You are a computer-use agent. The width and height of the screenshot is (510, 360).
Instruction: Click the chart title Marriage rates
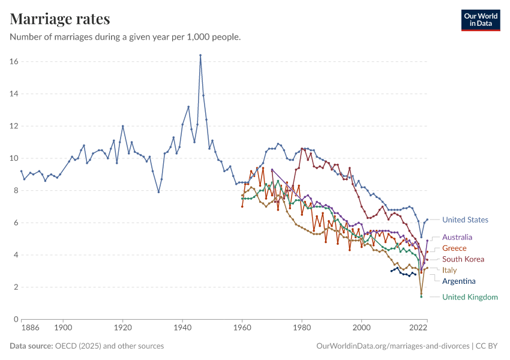60,19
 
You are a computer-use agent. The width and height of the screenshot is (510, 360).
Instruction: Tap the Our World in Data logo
480,20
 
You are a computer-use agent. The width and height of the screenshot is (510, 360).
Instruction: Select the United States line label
465,220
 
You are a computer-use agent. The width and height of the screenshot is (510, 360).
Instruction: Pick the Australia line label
457,237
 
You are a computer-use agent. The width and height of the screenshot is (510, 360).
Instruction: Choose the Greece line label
454,248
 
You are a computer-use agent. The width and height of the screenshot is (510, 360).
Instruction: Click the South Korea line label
463,259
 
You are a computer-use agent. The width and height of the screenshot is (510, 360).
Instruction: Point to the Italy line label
449,270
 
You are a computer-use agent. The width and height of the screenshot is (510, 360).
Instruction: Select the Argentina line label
458,281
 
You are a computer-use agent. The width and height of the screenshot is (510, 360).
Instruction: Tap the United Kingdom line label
470,297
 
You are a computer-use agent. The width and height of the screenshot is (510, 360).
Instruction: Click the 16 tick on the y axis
14,62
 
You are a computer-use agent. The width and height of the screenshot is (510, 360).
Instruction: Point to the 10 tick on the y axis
14,158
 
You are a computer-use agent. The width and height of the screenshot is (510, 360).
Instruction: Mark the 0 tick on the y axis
16,319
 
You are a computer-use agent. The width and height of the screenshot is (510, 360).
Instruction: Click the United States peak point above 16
200,55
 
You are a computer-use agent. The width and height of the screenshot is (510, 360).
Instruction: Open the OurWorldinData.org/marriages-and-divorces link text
392,346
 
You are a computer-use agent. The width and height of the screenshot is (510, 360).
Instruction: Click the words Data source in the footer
31,346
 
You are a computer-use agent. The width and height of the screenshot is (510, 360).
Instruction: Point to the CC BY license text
488,346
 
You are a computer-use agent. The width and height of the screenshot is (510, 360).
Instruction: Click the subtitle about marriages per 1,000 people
125,37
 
